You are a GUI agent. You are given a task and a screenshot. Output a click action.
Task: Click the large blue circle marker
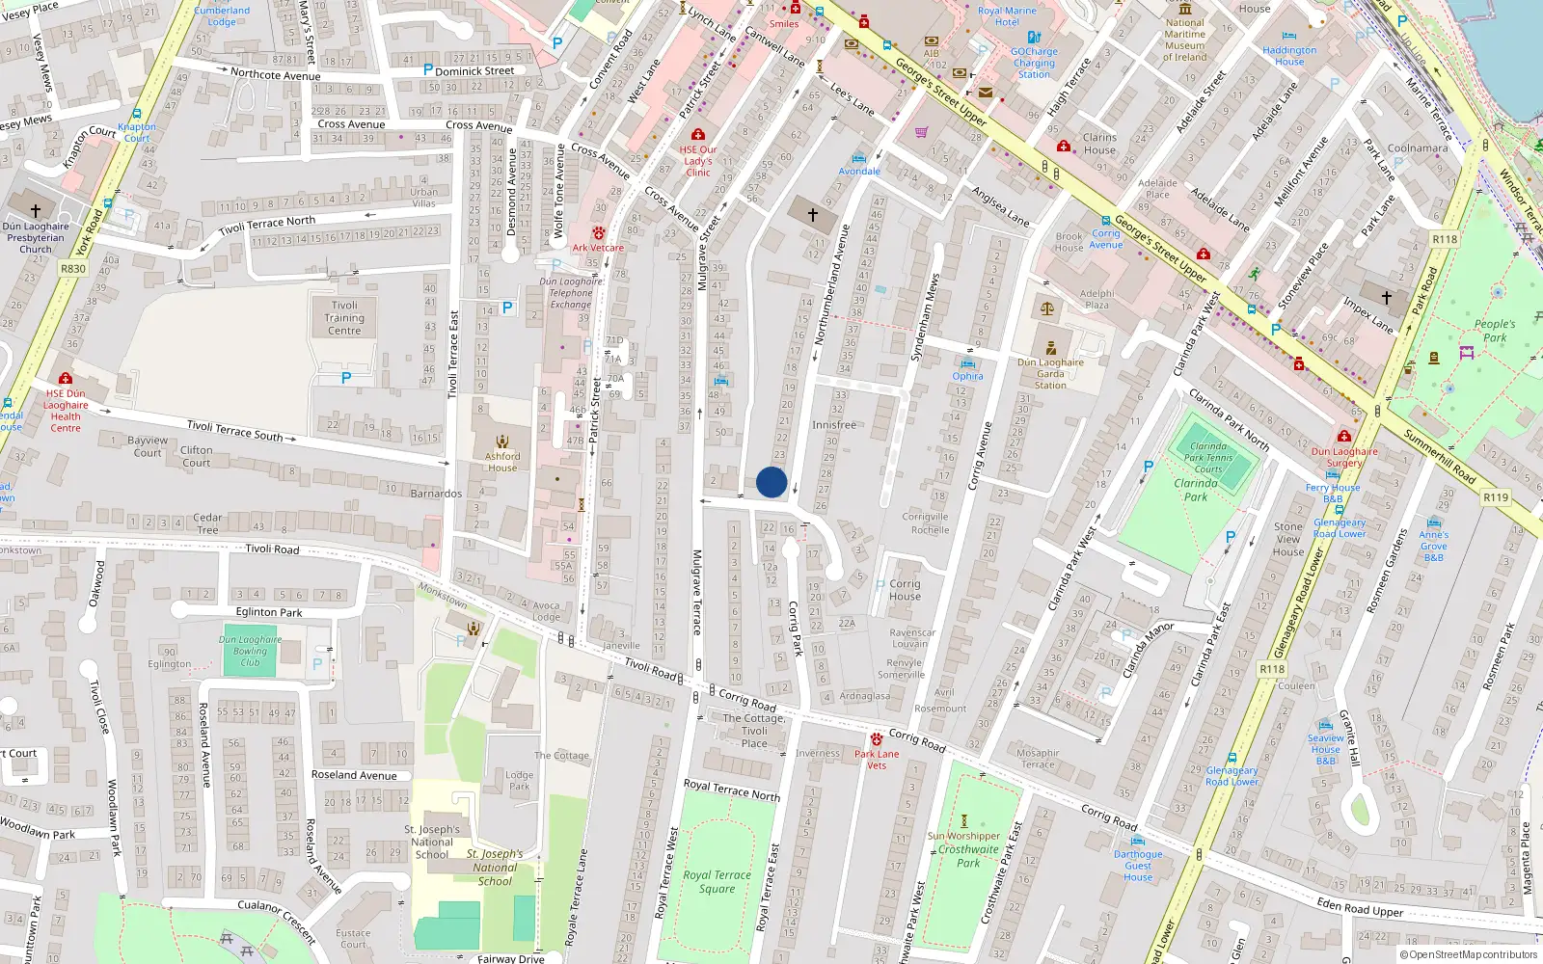click(x=771, y=482)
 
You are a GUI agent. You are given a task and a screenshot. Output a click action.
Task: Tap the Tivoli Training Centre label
click(x=344, y=318)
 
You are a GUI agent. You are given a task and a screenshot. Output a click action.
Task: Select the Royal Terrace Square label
click(x=717, y=882)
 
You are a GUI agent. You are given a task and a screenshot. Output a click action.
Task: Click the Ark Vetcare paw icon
click(x=599, y=233)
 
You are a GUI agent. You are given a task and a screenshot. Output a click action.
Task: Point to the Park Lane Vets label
click(x=877, y=760)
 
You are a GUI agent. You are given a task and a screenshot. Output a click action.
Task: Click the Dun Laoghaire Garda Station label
click(x=1050, y=374)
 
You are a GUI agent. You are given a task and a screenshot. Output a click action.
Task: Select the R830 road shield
click(x=73, y=269)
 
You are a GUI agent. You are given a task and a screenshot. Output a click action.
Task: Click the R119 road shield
click(x=1495, y=497)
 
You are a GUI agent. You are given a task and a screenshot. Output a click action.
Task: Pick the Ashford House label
click(x=502, y=462)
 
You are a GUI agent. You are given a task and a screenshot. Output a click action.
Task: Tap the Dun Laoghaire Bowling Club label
click(x=251, y=651)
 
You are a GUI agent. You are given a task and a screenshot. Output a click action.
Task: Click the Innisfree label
click(x=833, y=425)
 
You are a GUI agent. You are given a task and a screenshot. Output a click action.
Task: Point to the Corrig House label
click(x=905, y=590)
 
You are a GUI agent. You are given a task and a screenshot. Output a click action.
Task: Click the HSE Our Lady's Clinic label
click(x=698, y=161)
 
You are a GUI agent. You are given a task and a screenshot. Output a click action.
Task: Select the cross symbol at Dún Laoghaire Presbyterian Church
click(x=36, y=210)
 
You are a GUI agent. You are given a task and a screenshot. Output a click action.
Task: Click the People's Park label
click(x=1495, y=331)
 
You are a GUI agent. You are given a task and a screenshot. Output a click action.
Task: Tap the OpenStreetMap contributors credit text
click(x=1469, y=955)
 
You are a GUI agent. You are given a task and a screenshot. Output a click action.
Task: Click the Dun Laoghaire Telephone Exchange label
click(x=571, y=293)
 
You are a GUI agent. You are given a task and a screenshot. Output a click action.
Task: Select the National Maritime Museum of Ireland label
click(x=1184, y=40)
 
